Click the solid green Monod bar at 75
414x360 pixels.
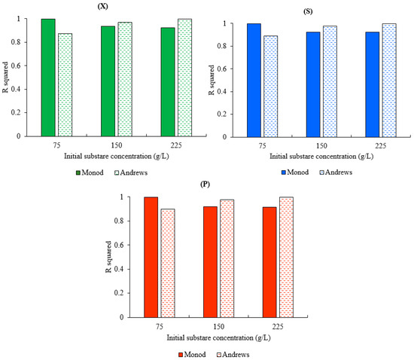[x=48, y=78]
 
